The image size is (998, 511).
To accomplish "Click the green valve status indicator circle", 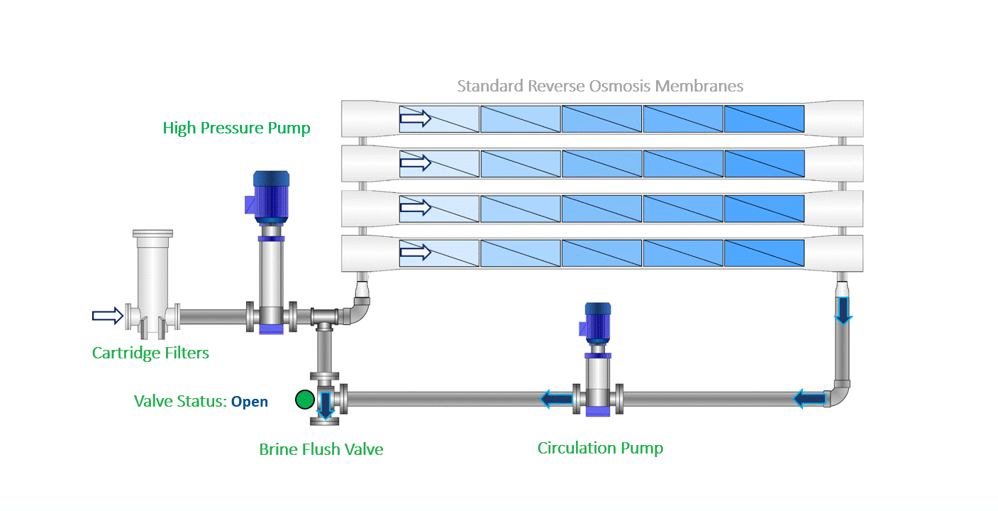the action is (305, 400).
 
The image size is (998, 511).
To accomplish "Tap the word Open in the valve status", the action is (250, 402).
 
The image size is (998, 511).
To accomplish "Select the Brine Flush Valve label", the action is (321, 449).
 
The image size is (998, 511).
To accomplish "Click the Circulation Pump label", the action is (600, 448).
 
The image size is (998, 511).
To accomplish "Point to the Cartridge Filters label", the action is (150, 353).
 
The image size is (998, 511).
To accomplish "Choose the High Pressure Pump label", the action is (236, 128).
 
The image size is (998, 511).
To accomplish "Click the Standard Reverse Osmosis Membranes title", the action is (600, 86).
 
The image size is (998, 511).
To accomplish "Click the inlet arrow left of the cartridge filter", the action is (107, 316).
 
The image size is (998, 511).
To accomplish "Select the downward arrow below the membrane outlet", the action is (843, 311).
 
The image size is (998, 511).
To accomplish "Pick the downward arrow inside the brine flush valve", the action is (326, 405).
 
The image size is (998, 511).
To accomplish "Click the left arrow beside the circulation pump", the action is (556, 399).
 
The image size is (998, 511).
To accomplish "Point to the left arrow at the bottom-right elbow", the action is (809, 399).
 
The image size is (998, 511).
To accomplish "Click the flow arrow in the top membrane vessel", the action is (415, 119).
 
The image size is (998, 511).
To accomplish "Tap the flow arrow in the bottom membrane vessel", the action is (415, 253).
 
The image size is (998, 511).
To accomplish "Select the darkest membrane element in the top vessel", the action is (764, 119).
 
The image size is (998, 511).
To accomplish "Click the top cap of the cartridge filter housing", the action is (153, 233).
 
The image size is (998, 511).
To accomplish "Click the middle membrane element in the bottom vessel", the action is (602, 253).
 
